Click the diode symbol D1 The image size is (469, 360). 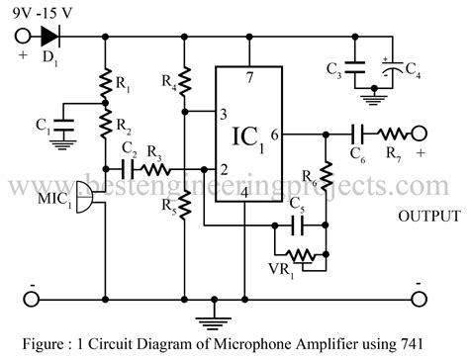tap(50, 37)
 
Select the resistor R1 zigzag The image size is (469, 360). tap(104, 87)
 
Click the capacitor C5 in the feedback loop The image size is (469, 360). tap(298, 226)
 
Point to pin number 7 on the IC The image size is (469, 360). tap(249, 78)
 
